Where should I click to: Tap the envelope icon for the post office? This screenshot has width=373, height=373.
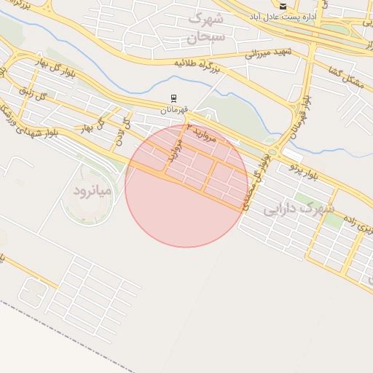coord(283,6)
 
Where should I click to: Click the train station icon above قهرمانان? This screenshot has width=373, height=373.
coord(173,98)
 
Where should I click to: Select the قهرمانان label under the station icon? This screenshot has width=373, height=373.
coord(175,109)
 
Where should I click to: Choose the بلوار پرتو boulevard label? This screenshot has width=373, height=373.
coord(305,171)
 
